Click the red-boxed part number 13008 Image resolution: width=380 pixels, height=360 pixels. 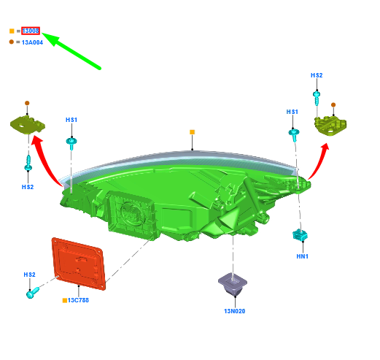click(x=31, y=31)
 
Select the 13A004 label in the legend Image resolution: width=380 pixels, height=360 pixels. click(x=32, y=42)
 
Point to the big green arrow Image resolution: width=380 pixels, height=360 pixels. click(x=71, y=50)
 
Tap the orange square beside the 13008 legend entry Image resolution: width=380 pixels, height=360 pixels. click(x=12, y=31)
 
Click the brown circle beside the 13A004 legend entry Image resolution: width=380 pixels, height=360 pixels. click(x=12, y=42)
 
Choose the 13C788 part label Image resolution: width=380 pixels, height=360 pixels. click(x=78, y=300)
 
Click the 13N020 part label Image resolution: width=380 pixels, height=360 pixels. click(x=235, y=311)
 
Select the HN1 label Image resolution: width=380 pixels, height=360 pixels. click(x=303, y=256)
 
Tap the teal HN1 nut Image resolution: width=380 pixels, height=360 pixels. click(x=300, y=234)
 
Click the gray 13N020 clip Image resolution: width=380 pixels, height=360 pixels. click(x=233, y=284)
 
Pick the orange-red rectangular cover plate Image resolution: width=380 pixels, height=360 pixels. click(x=79, y=264)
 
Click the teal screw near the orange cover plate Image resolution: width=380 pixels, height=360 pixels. click(x=33, y=293)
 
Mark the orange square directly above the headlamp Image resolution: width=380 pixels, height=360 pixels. click(x=193, y=132)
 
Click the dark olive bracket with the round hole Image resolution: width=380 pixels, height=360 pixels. click(x=28, y=125)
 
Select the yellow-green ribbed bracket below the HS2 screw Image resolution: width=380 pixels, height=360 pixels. click(x=330, y=126)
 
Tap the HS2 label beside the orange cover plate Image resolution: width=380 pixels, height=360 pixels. click(x=29, y=275)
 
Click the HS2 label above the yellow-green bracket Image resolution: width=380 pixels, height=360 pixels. click(x=317, y=75)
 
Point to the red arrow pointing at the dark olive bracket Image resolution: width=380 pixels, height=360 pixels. click(x=45, y=161)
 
